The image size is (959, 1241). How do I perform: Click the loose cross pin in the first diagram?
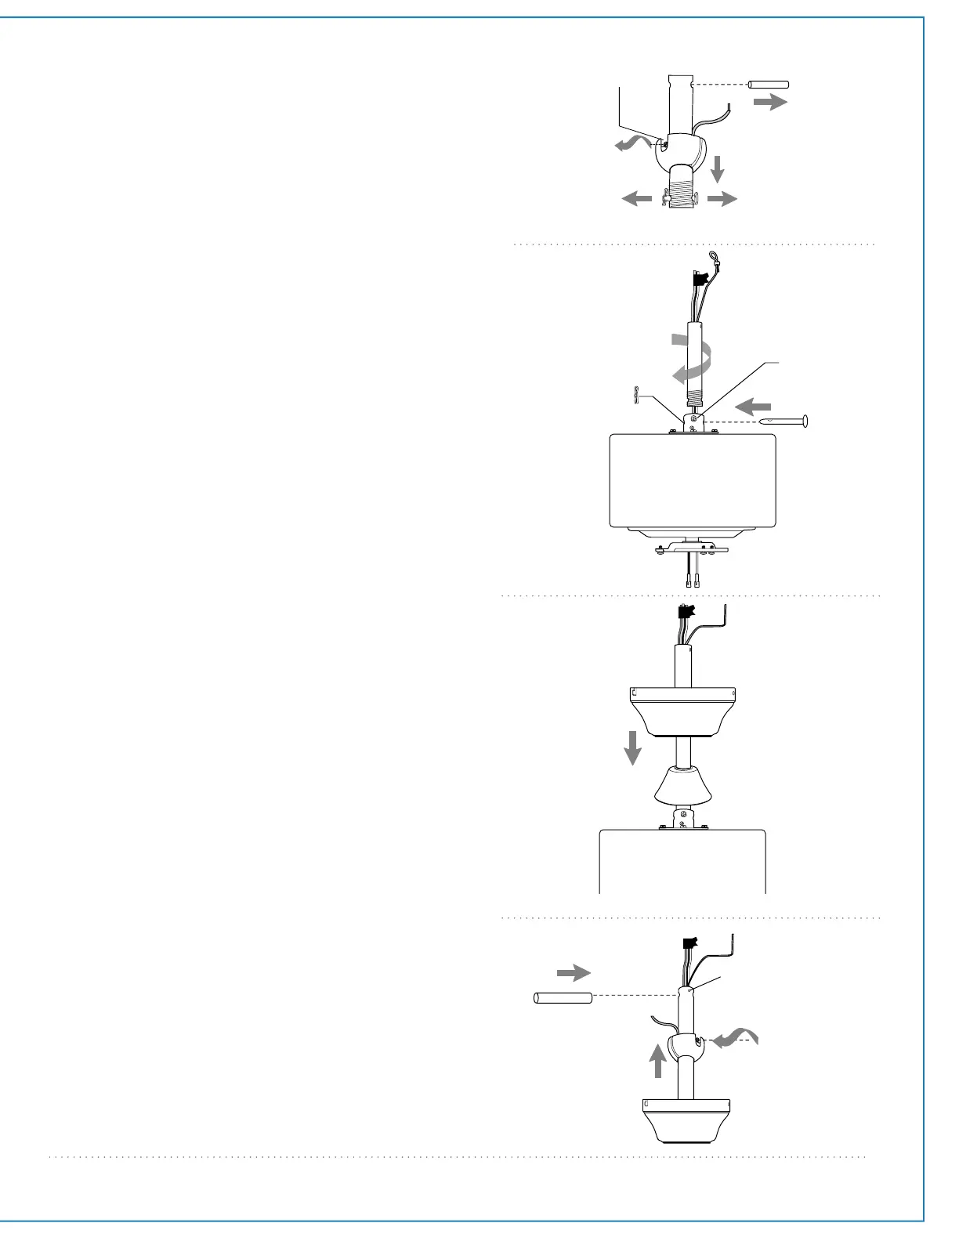(769, 85)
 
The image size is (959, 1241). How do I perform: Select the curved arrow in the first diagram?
(631, 144)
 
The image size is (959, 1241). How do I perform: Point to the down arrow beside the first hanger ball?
(716, 169)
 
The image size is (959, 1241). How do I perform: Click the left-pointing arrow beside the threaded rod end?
(637, 201)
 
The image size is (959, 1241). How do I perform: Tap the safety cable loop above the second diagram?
(713, 255)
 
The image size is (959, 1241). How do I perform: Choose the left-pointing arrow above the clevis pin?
(754, 407)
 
